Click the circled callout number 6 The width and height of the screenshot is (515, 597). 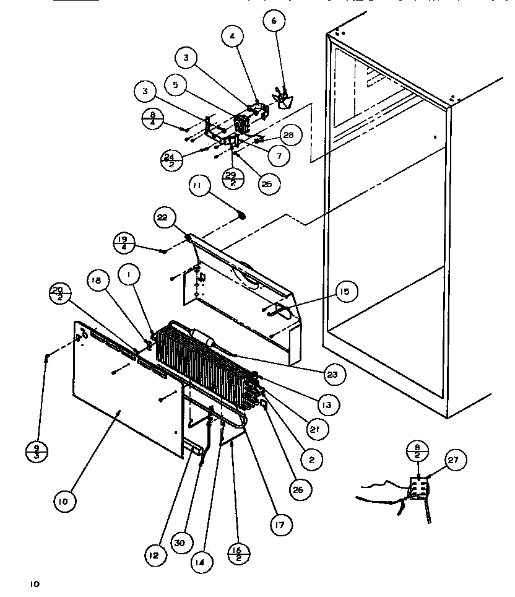tap(274, 21)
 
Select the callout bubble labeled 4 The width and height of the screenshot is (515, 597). tap(232, 37)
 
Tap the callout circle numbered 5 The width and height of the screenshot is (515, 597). tap(176, 85)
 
